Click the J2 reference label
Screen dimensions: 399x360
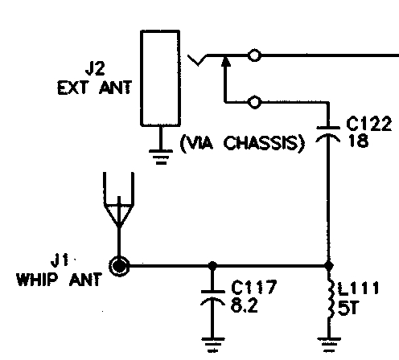pyautogui.click(x=95, y=68)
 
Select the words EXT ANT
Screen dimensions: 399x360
pyautogui.click(x=94, y=88)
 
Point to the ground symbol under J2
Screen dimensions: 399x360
pyautogui.click(x=161, y=157)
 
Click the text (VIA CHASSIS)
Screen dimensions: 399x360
pyautogui.click(x=242, y=143)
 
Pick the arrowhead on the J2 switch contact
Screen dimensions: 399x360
pyautogui.click(x=225, y=61)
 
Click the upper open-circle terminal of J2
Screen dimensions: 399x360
pyautogui.click(x=254, y=55)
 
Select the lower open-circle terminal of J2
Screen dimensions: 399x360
pyautogui.click(x=254, y=102)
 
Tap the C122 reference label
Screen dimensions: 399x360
pyautogui.click(x=369, y=124)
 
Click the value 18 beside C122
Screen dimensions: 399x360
pyautogui.click(x=359, y=141)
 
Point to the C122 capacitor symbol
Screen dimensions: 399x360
pyautogui.click(x=328, y=133)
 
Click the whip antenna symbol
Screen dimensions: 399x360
pyautogui.click(x=119, y=199)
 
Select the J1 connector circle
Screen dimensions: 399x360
pyautogui.click(x=119, y=266)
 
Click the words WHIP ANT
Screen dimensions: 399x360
pyautogui.click(x=60, y=280)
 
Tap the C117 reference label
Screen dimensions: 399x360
pyautogui.click(x=253, y=287)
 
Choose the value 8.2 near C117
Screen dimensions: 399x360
pyautogui.click(x=244, y=305)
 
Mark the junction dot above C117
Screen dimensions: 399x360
pyautogui.click(x=212, y=266)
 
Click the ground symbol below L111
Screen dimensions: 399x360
pyautogui.click(x=329, y=345)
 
